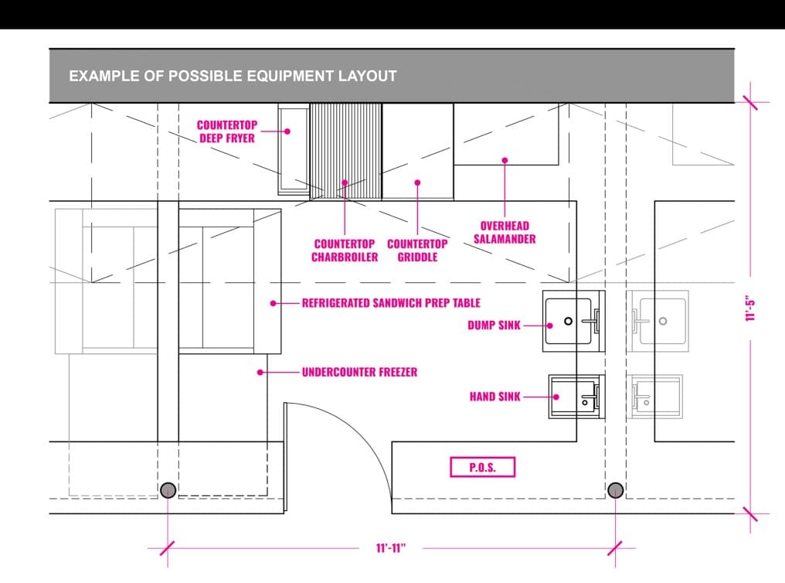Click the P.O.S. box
pos(483,467)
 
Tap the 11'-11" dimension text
pos(391,548)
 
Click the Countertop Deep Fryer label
pos(227,131)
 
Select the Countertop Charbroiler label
pos(345,251)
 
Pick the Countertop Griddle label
pos(417,251)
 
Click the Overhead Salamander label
pos(505,233)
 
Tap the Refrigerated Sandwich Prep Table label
pos(391,303)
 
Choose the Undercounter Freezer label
pos(359,372)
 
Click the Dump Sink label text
pos(494,326)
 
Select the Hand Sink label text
pos(495,397)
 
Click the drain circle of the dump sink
pos(568,321)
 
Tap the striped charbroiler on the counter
pos(345,152)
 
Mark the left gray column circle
pos(168,490)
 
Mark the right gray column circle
pos(615,490)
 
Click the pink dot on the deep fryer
pos(287,131)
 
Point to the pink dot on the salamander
pos(505,160)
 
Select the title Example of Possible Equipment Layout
pos(233,76)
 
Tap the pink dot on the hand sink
pos(556,397)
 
